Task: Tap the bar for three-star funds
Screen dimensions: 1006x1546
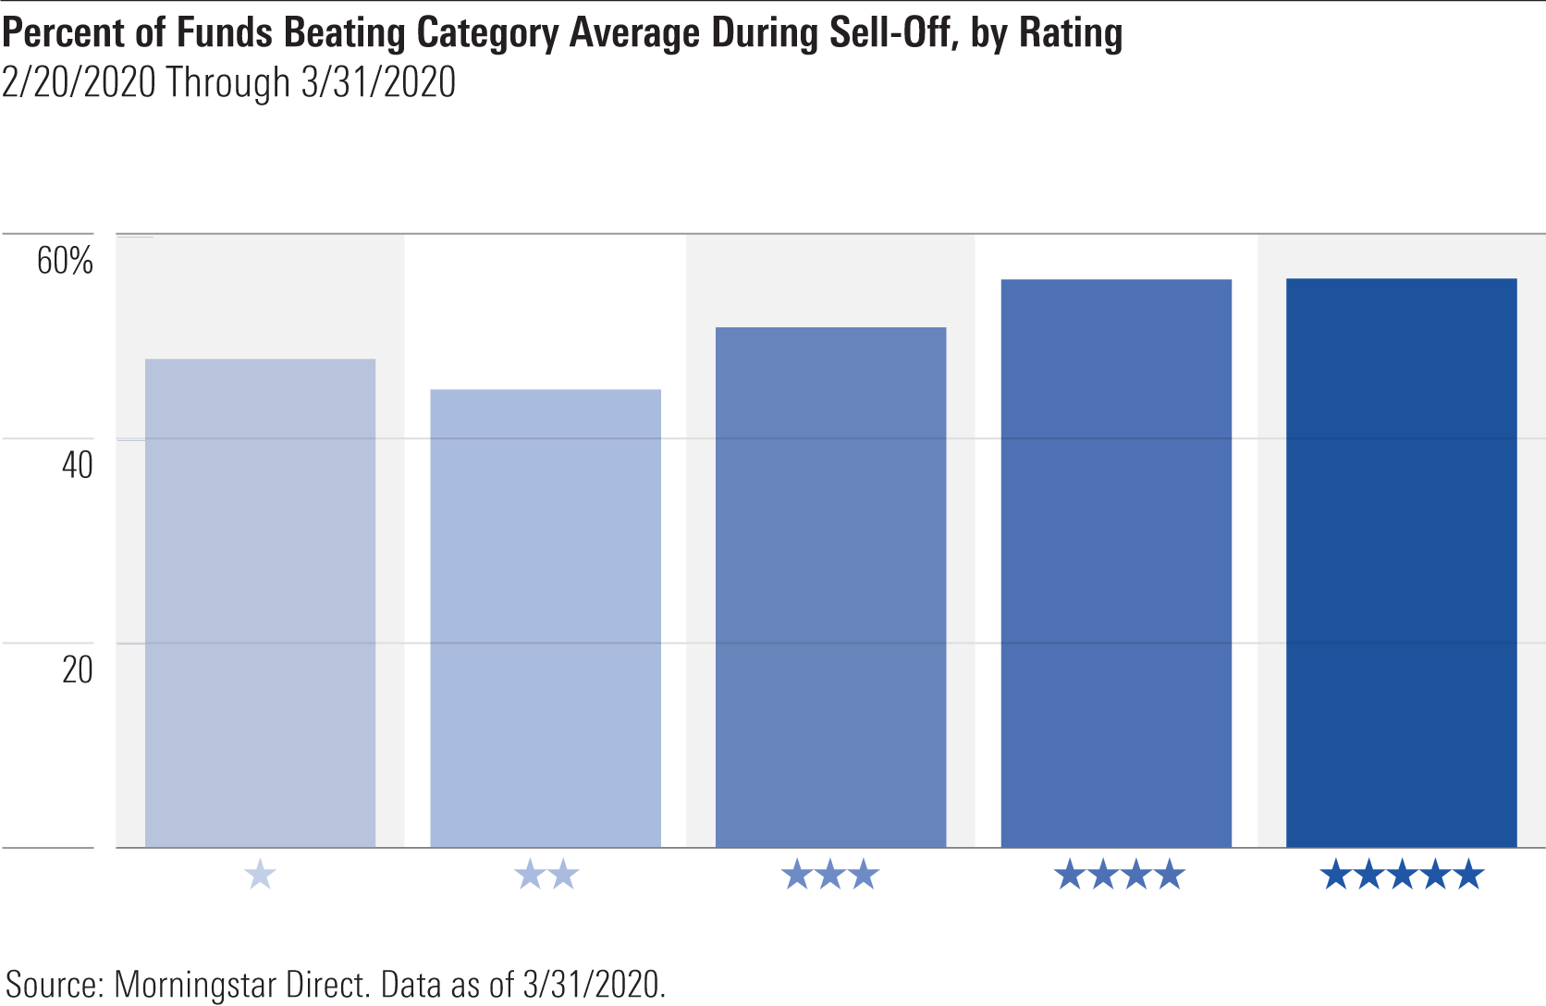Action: [830, 587]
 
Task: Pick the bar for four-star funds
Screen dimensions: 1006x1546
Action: [1116, 563]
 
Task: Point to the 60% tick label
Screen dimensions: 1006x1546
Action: [65, 262]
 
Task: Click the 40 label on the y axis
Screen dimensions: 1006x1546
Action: [78, 465]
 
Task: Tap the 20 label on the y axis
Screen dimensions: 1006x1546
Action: [78, 669]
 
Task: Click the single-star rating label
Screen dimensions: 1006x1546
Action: [260, 875]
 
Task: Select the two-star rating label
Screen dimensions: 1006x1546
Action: [546, 875]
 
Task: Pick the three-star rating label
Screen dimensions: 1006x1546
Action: [830, 875]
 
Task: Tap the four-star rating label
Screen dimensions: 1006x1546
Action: [1119, 875]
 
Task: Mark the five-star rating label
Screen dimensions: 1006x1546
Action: [1402, 875]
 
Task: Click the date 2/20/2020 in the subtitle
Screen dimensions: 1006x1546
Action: [79, 83]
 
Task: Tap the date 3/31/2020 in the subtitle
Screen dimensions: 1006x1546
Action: [378, 83]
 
